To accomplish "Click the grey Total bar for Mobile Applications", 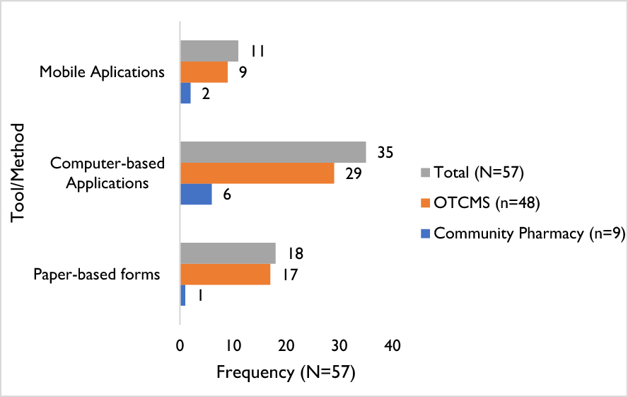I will click(209, 51).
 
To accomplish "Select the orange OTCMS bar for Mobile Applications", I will click(204, 72).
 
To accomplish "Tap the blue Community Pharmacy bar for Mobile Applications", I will click(185, 93).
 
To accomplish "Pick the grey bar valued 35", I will click(273, 152).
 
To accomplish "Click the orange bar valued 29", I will click(257, 173).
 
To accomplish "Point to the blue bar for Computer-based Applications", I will click(196, 195).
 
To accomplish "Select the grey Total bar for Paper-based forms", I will click(228, 253).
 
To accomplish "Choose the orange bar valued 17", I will click(225, 275).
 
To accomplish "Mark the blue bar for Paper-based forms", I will click(182, 295).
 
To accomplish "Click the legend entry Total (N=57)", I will click(477, 172).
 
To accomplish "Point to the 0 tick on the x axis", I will click(181, 346).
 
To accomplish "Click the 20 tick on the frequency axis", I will click(286, 346).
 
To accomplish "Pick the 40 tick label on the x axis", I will click(392, 346).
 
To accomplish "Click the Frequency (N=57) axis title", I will click(285, 372).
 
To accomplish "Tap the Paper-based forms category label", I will click(97, 275).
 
